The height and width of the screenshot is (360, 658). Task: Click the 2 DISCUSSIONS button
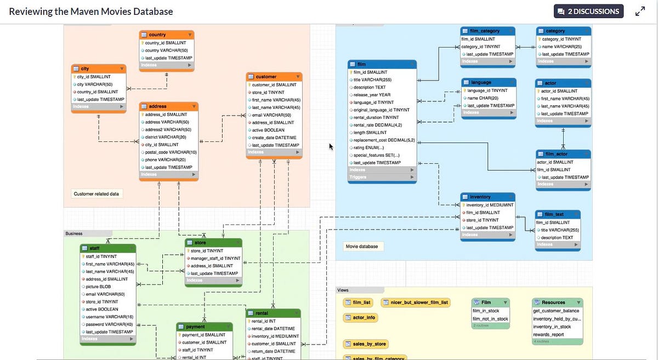click(x=588, y=11)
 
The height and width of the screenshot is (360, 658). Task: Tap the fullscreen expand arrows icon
click(x=640, y=11)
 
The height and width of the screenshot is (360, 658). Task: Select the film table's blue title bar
click(x=382, y=64)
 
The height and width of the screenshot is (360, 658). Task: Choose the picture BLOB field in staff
click(x=99, y=287)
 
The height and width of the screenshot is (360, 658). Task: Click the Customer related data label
click(x=96, y=194)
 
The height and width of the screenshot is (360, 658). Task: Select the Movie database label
click(x=362, y=247)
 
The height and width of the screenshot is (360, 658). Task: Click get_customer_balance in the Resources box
click(x=556, y=311)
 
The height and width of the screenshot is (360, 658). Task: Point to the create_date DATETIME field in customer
click(x=274, y=138)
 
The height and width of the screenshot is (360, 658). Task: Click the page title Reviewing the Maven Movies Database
click(x=91, y=12)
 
